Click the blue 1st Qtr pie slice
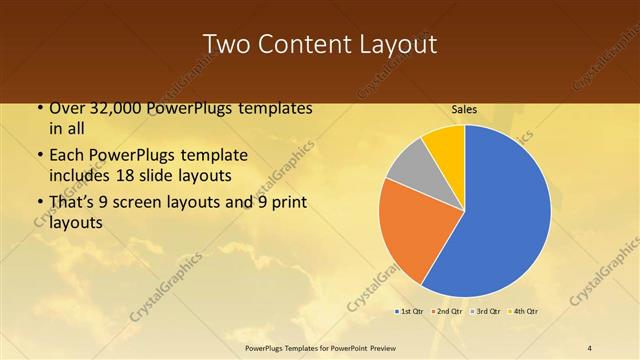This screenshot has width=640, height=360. (x=500, y=220)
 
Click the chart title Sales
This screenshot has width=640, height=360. (x=464, y=109)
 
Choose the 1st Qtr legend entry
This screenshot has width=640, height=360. (x=410, y=311)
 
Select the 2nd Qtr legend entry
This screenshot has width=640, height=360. (x=447, y=311)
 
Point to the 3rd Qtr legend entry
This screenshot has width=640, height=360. (x=485, y=311)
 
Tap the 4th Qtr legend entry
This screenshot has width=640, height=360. (x=523, y=311)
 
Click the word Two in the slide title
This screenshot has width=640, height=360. (x=224, y=45)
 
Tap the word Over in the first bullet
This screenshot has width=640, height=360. (x=66, y=108)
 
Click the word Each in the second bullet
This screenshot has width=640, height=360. (x=67, y=155)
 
